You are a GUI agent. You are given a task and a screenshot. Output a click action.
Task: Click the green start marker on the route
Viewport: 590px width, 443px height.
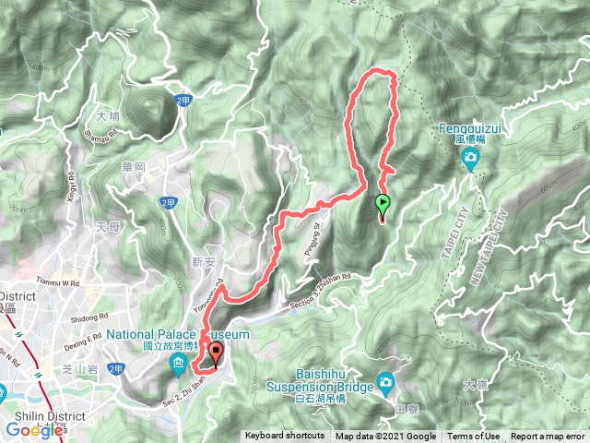click(x=383, y=205)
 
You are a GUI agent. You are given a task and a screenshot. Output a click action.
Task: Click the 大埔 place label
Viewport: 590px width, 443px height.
click(x=108, y=117)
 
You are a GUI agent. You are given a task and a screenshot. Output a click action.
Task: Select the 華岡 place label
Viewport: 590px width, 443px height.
click(x=134, y=168)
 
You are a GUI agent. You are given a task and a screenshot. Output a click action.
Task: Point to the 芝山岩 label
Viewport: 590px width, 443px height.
click(x=77, y=366)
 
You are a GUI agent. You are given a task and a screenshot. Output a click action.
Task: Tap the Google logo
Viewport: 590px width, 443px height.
click(x=35, y=430)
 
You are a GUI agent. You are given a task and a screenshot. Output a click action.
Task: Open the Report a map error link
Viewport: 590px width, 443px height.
click(x=548, y=437)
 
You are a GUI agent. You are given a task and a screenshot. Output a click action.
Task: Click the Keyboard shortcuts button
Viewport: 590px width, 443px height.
click(x=284, y=437)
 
